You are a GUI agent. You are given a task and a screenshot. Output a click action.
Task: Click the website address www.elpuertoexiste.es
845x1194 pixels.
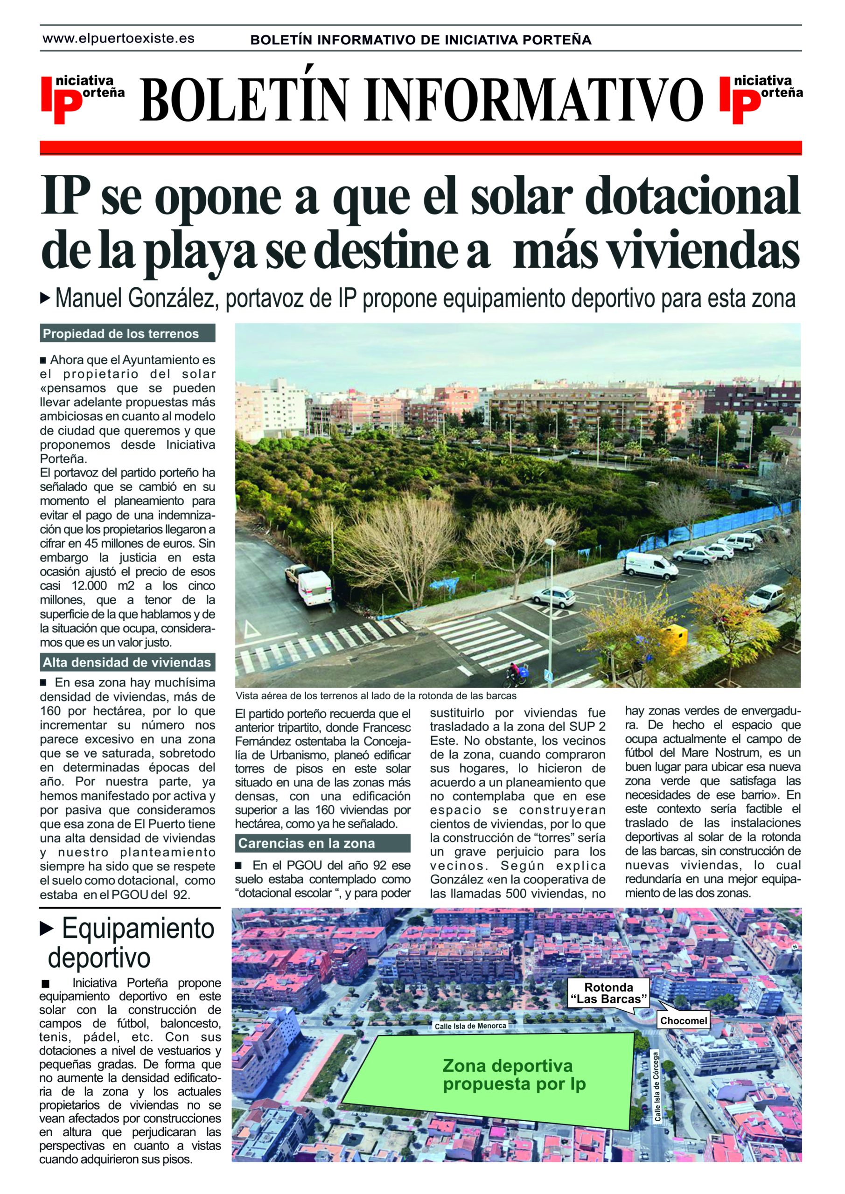(119, 39)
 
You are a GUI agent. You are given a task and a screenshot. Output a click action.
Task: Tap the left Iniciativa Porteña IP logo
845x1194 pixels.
(82, 99)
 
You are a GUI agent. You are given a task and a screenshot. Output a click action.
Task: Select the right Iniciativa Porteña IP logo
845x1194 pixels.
(760, 99)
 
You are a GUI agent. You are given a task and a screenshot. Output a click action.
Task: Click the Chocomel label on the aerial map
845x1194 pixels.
(683, 1021)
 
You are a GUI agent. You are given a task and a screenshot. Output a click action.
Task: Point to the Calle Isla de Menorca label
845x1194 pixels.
(470, 1026)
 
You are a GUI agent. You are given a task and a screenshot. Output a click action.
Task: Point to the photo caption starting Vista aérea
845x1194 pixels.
(376, 696)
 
